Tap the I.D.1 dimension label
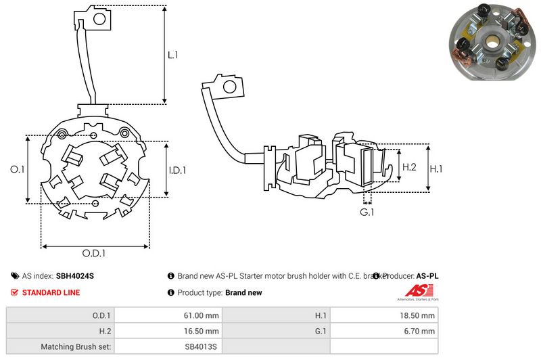(x=177, y=170)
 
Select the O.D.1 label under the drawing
(x=94, y=254)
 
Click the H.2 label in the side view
(x=409, y=167)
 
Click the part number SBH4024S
(x=75, y=276)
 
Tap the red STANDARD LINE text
(x=51, y=293)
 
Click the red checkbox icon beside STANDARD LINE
(x=15, y=293)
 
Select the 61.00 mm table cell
(x=202, y=315)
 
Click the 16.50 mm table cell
(x=202, y=332)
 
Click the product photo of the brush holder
(x=492, y=41)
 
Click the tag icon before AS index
(x=15, y=276)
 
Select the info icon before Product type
(x=170, y=293)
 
